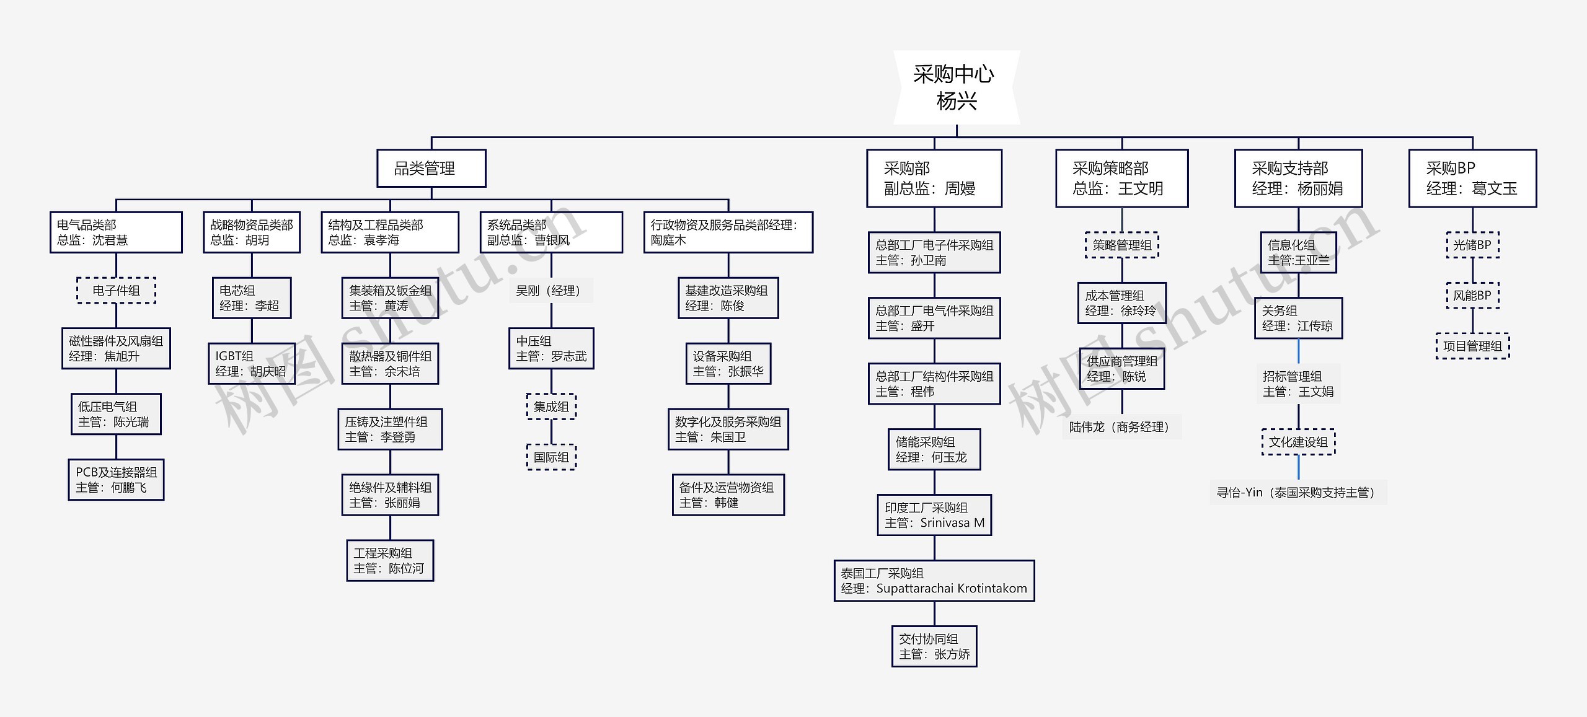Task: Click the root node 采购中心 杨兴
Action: pyautogui.click(x=956, y=87)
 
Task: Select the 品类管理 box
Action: pyautogui.click(x=431, y=168)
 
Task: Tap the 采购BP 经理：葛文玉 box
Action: pyautogui.click(x=1472, y=178)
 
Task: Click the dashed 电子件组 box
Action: pyautogui.click(x=116, y=290)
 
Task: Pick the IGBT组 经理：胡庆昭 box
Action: pyautogui.click(x=251, y=364)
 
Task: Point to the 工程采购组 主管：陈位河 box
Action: pyautogui.click(x=390, y=560)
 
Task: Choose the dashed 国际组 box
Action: pyautogui.click(x=551, y=457)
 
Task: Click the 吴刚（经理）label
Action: pyautogui.click(x=550, y=291)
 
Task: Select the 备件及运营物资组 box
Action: pyautogui.click(x=728, y=495)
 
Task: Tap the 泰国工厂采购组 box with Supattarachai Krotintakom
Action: pyautogui.click(x=934, y=581)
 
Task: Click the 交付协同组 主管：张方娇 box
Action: pyautogui.click(x=934, y=646)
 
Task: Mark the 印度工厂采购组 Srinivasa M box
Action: pyautogui.click(x=934, y=515)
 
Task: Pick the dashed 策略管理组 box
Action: pyautogui.click(x=1121, y=245)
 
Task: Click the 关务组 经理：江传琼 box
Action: pyautogui.click(x=1298, y=318)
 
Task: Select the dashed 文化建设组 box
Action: pyautogui.click(x=1298, y=442)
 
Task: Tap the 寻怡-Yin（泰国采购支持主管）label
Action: pyautogui.click(x=1297, y=493)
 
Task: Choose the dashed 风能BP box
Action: pyautogui.click(x=1472, y=296)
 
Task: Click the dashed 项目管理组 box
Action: pyautogui.click(x=1472, y=346)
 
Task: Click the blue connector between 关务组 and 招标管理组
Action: pyautogui.click(x=1299, y=351)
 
